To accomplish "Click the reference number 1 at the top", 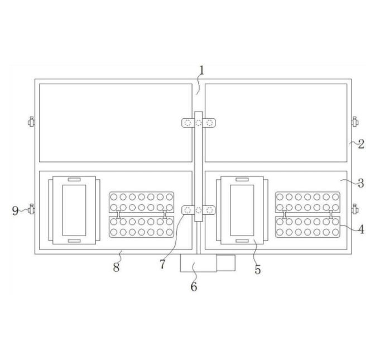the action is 201,70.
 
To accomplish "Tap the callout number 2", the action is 361,144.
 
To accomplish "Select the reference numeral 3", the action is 361,183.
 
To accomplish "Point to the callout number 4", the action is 361,229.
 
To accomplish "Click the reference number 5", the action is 258,270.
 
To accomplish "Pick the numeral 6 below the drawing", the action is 194,286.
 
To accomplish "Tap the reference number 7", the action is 162,265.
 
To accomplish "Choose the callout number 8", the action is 116,267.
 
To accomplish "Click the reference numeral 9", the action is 15,211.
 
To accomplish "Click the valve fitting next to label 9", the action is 31,209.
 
